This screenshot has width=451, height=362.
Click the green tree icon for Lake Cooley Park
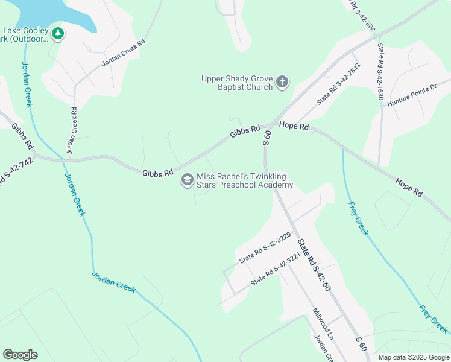coord(58,34)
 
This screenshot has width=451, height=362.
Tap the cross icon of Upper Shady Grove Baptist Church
coord(282,82)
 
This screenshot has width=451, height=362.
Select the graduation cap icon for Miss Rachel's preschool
coord(187,180)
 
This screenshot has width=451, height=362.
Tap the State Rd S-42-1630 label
coord(381,68)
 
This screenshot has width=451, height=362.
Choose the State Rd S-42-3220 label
coord(265,248)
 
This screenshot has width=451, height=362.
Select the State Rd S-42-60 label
coord(314,263)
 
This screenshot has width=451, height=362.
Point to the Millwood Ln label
coord(323,325)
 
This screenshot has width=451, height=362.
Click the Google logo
coord(20,355)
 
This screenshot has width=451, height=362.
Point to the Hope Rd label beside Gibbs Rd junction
coord(294,127)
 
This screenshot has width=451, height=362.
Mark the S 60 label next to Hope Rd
coord(266,138)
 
